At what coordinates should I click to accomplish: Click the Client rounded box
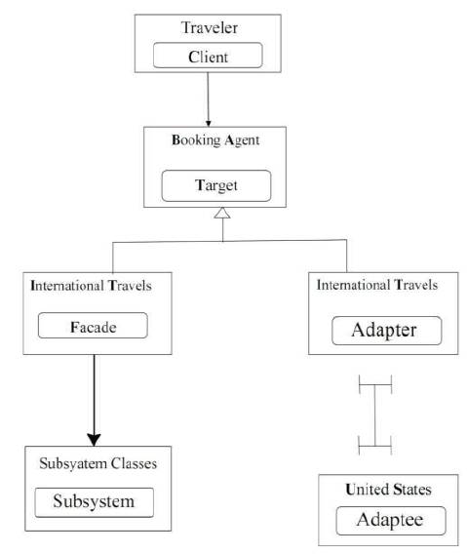(x=208, y=56)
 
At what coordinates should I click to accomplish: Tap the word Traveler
(x=209, y=28)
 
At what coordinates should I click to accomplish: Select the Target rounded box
(x=216, y=186)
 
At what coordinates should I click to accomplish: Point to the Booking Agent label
(x=215, y=140)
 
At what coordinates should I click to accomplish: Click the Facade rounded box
(x=93, y=326)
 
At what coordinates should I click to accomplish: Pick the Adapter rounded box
(x=387, y=331)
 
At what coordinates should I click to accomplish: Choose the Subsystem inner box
(x=95, y=502)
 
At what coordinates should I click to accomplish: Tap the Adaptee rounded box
(x=391, y=521)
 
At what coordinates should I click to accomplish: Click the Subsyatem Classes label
(x=97, y=464)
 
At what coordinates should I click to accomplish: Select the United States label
(x=388, y=490)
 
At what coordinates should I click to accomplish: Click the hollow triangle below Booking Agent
(x=222, y=213)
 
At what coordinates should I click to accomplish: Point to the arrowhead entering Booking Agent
(x=208, y=123)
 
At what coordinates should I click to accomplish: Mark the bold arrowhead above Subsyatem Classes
(x=94, y=440)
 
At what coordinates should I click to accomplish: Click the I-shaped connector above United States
(x=374, y=415)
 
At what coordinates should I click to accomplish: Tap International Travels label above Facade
(x=91, y=286)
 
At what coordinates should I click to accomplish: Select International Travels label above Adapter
(x=377, y=285)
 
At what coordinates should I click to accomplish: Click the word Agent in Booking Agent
(x=242, y=140)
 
